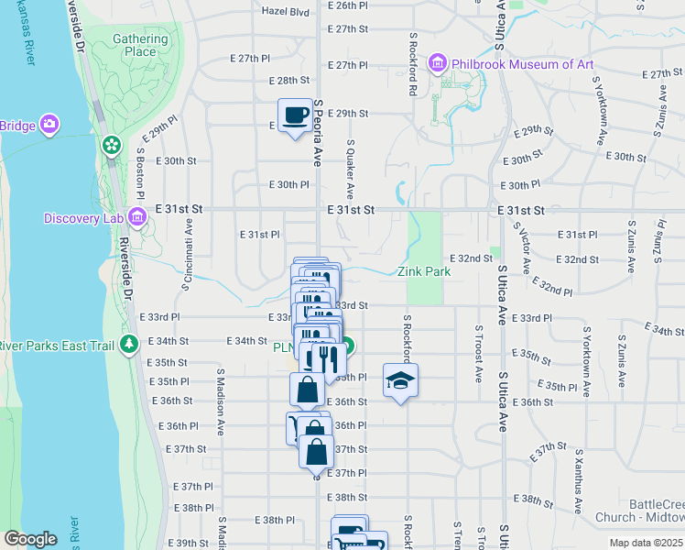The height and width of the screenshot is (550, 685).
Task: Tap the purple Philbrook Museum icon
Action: pos(437,64)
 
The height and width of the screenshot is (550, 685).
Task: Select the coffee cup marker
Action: pos(295,115)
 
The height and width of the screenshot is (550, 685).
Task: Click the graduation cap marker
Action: pos(400,380)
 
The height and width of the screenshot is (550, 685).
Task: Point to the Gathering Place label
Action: pos(141,45)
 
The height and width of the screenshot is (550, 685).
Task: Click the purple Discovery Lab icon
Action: pos(137,217)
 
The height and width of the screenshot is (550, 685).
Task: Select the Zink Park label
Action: pos(424,272)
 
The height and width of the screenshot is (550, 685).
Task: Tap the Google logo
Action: pos(29,539)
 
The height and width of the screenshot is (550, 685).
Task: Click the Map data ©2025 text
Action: pos(646,543)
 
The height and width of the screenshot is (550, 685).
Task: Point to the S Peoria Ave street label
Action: pos(317,134)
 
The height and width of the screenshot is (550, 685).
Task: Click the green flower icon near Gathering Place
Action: pos(112,145)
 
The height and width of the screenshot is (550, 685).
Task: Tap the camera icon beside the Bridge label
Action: pos(49,125)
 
